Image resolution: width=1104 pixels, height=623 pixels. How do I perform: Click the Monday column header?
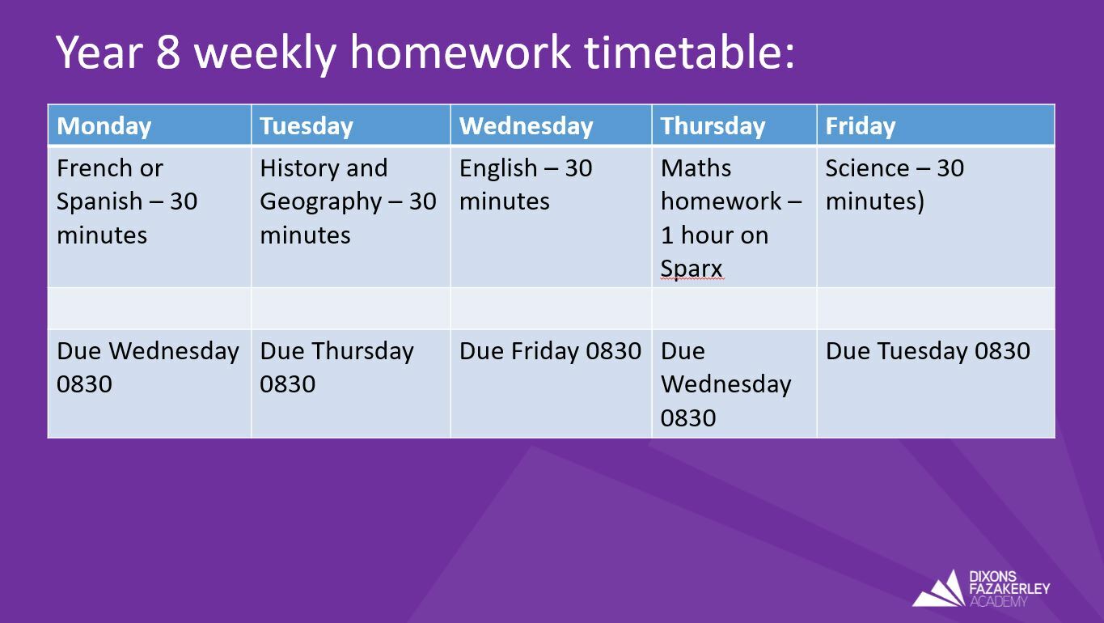pyautogui.click(x=104, y=126)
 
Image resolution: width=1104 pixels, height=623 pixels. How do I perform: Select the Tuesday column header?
pyautogui.click(x=307, y=126)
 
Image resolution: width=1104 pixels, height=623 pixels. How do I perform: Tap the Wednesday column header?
pyautogui.click(x=527, y=126)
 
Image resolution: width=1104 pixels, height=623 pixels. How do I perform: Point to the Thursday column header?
pyautogui.click(x=713, y=126)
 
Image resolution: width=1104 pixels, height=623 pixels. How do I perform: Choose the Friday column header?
pyautogui.click(x=861, y=126)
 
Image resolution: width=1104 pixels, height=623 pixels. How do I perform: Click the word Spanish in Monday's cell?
pyautogui.click(x=99, y=202)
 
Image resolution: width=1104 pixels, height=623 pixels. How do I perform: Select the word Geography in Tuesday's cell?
pyautogui.click(x=321, y=202)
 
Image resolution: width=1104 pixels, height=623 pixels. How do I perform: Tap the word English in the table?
pyautogui.click(x=498, y=169)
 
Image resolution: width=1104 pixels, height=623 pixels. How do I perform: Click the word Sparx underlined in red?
pyautogui.click(x=692, y=269)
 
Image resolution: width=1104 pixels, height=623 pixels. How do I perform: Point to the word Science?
pyautogui.click(x=867, y=168)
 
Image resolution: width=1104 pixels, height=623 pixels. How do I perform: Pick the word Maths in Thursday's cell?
pyautogui.click(x=696, y=168)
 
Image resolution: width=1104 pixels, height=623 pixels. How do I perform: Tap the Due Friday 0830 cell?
pyautogui.click(x=550, y=351)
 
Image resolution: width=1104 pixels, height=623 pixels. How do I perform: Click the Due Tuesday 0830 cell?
pyautogui.click(x=928, y=351)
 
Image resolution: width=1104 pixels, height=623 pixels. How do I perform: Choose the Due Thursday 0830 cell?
pyautogui.click(x=336, y=367)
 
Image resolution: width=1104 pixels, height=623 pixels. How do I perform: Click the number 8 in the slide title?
pyautogui.click(x=168, y=53)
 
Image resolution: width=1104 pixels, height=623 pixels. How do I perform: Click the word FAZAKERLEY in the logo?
pyautogui.click(x=1010, y=588)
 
